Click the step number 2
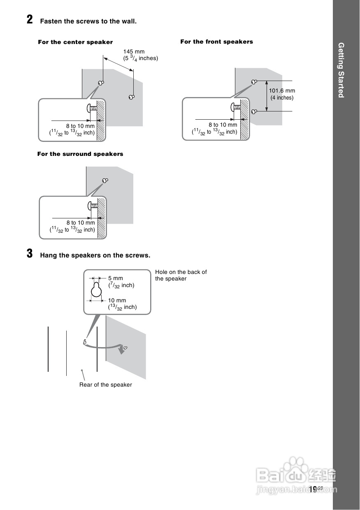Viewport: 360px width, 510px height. pyautogui.click(x=30, y=20)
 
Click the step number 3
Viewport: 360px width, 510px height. pyautogui.click(x=30, y=254)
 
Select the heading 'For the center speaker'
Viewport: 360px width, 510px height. pyautogui.click(x=75, y=42)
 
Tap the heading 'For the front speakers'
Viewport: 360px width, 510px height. pyautogui.click(x=216, y=42)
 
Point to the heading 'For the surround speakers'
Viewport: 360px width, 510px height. pyautogui.click(x=80, y=154)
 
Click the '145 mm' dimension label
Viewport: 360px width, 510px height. pyautogui.click(x=134, y=52)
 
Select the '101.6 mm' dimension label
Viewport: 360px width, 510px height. pyautogui.click(x=282, y=91)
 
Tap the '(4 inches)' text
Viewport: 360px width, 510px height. pyautogui.click(x=282, y=98)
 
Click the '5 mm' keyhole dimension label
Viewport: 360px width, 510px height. pyautogui.click(x=116, y=278)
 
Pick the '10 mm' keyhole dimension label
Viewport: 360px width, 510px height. pyautogui.click(x=117, y=301)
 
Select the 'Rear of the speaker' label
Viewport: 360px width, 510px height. pyautogui.click(x=106, y=385)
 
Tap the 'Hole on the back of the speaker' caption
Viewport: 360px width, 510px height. pyautogui.click(x=181, y=275)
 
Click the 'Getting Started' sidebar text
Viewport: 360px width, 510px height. pyautogui.click(x=341, y=70)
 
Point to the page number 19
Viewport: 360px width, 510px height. pyautogui.click(x=313, y=489)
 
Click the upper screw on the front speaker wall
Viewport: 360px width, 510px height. pyautogui.click(x=254, y=81)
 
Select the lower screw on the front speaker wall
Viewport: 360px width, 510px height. pyautogui.click(x=254, y=111)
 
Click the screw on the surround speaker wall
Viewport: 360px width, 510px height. pyautogui.click(x=105, y=181)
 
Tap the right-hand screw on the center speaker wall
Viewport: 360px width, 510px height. pyautogui.click(x=131, y=97)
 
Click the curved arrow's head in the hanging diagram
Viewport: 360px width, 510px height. pyautogui.click(x=121, y=350)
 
